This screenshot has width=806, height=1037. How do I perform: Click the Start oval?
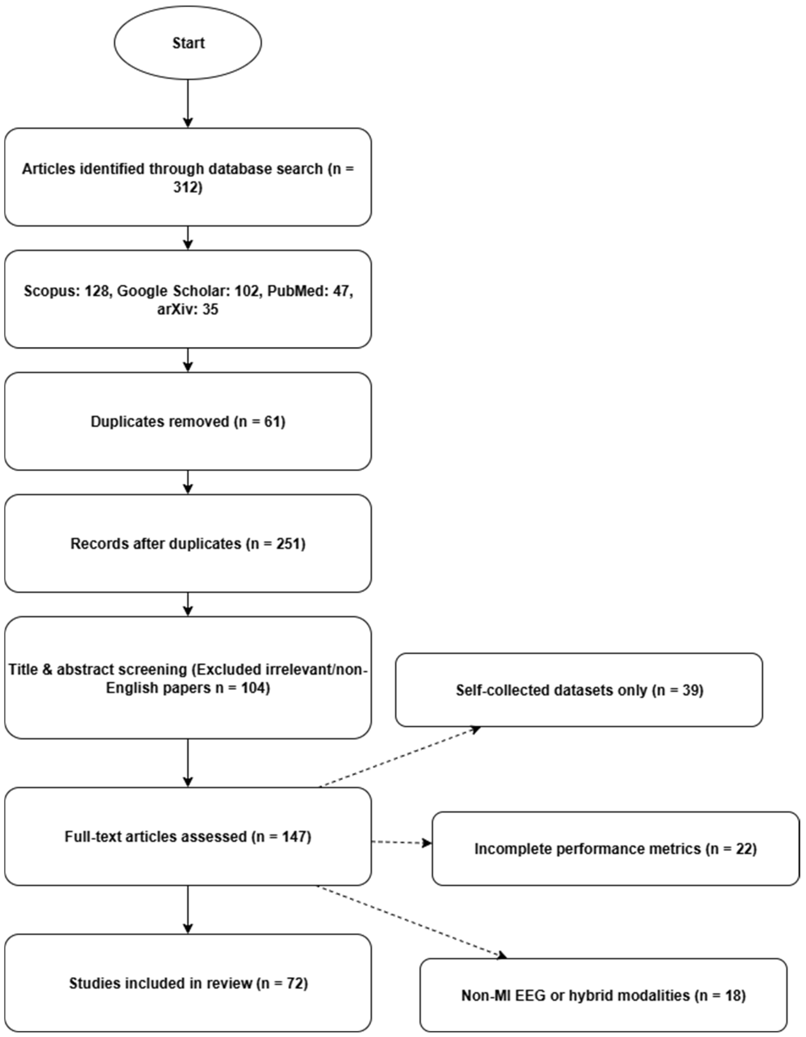(188, 43)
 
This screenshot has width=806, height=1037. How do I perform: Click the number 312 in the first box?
(188, 188)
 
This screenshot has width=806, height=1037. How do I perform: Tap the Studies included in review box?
(188, 983)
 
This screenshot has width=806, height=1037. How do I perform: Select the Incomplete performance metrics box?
(615, 849)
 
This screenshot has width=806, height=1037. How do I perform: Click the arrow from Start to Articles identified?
(188, 103)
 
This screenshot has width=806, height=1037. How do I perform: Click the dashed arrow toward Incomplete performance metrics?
(402, 843)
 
